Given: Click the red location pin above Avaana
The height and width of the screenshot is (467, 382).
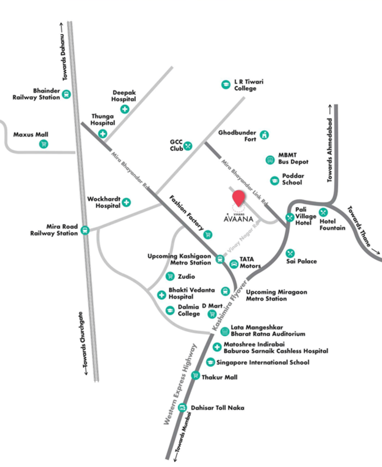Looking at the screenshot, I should click(238, 197).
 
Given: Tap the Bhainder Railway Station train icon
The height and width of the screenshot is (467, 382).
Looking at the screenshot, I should click(66, 94).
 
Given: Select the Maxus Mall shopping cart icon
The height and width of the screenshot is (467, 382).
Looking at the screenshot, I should click(44, 144).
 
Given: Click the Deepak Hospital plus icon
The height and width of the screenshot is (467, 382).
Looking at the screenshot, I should click(125, 109).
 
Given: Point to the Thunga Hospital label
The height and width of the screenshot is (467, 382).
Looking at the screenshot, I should click(103, 120).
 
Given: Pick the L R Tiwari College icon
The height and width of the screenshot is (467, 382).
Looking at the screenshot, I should click(226, 85).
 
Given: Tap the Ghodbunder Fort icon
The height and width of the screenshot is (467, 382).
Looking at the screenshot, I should click(264, 135).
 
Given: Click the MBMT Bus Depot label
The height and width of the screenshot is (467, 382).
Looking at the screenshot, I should click(293, 158).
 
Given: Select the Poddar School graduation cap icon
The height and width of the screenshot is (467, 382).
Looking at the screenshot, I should click(275, 181).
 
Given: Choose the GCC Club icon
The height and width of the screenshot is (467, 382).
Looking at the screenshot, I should click(188, 146).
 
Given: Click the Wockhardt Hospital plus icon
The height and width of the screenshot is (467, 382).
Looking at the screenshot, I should click(126, 202).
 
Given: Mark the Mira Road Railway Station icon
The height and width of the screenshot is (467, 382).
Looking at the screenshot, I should click(85, 230).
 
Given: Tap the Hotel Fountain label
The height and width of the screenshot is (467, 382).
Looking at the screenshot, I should click(332, 224).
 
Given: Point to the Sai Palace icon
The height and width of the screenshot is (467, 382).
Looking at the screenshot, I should click(290, 253).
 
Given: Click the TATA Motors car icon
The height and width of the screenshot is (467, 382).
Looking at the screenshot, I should click(234, 264).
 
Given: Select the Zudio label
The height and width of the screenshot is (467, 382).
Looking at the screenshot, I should click(186, 277).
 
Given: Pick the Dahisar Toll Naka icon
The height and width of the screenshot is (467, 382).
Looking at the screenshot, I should click(182, 407).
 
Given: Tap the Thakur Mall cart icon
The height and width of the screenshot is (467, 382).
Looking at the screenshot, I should click(196, 375).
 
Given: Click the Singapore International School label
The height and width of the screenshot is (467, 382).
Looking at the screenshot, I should click(263, 362).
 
